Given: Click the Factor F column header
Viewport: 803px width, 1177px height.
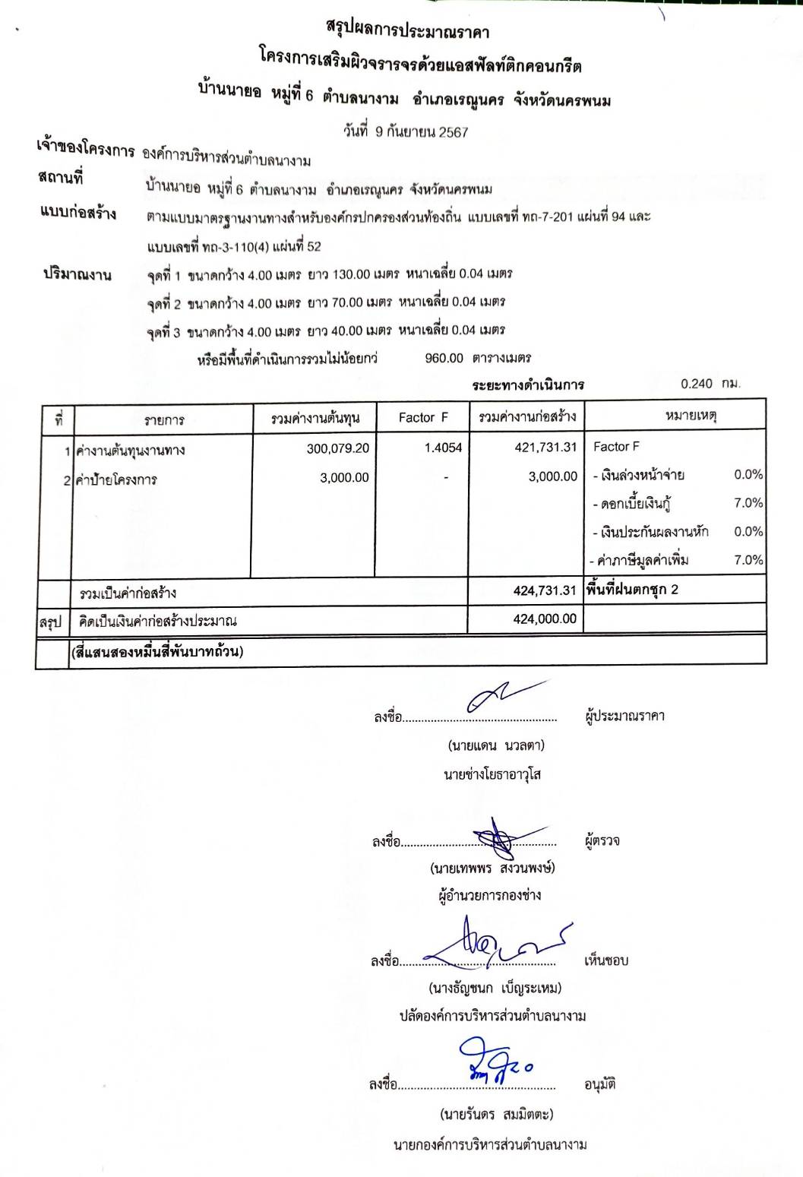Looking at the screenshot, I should coord(423,417).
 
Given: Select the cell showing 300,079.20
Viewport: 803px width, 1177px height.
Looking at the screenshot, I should coord(338,448).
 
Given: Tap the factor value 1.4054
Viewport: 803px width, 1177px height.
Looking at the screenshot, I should coord(443,448).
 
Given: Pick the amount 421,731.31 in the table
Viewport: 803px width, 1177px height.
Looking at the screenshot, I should coord(545,448).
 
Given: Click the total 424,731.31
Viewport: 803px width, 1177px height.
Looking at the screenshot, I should coord(545,590).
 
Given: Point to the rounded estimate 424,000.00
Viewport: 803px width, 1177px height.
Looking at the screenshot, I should coord(545,619).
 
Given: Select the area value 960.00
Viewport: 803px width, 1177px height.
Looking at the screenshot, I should coord(444,358).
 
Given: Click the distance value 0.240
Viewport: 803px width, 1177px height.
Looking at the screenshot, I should coord(697,384).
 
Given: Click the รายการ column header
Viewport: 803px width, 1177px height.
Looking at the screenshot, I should coord(164,419).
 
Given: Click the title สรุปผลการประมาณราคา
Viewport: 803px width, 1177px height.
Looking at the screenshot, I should coord(407,32).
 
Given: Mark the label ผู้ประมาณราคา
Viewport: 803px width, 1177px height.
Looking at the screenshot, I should coord(624,716).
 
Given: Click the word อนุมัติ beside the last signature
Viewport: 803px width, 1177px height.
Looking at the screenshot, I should coord(599,1084).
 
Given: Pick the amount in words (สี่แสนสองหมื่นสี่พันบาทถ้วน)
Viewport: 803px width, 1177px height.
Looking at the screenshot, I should coord(157,652).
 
